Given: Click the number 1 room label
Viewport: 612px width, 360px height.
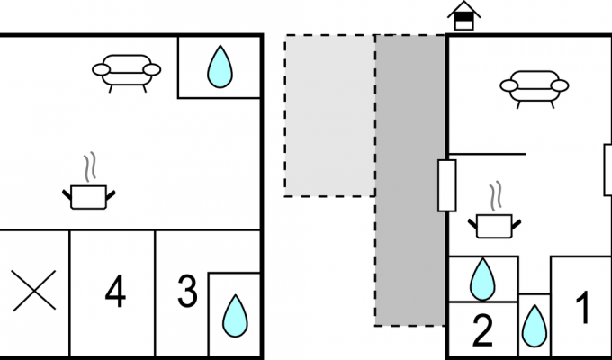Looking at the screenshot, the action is point(582,308).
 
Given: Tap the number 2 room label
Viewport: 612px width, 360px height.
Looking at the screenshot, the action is point(482,330).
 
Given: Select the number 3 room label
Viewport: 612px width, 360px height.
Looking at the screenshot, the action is point(188,291).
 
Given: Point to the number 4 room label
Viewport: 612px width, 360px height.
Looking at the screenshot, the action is point(115,291).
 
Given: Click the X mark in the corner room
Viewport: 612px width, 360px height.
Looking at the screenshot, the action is point(34,291).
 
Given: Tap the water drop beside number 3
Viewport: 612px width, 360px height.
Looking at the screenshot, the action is point(235,316).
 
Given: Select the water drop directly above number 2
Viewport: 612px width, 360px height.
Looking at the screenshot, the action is point(482,279).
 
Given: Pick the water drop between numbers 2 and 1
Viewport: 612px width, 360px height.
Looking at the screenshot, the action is point(535,326).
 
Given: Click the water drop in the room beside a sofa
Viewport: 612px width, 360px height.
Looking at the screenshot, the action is point(220,67).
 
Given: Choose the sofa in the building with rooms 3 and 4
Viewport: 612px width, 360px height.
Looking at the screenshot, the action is point(127,73).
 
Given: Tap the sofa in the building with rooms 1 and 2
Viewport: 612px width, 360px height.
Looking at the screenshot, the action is point(535,89).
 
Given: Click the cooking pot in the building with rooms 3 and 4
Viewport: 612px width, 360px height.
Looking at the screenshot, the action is point(89,197).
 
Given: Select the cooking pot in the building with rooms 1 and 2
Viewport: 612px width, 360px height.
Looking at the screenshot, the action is point(494,226).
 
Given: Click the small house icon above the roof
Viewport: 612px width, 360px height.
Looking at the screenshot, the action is point(464,16).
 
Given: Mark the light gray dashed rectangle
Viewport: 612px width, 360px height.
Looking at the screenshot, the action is point(329,115).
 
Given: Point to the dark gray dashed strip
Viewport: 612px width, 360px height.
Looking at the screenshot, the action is point(410,180).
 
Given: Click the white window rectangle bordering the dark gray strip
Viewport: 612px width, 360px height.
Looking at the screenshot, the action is point(447,186).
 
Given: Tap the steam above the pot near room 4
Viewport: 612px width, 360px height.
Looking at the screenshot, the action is point(90,167).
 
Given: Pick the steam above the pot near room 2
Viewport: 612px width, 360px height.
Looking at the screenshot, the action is point(496,196).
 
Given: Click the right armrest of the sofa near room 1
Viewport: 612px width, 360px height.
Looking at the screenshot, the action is point(560,85).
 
